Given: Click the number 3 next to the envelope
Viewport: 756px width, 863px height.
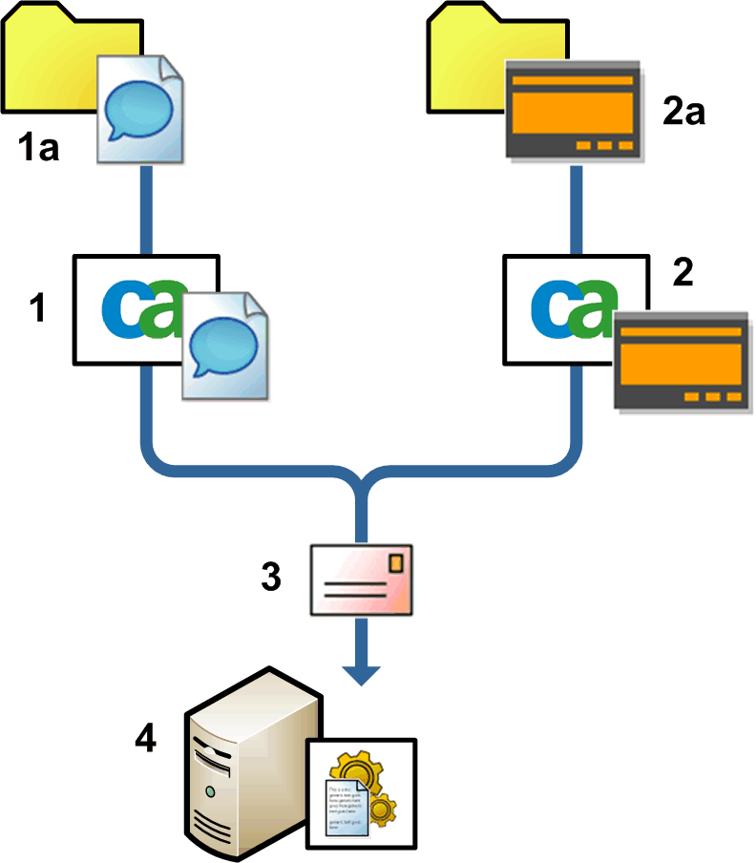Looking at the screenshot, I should click(x=271, y=577).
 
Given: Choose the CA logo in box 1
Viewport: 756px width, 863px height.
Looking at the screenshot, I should click(x=143, y=311).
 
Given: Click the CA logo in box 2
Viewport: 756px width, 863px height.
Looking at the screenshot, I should click(x=571, y=311).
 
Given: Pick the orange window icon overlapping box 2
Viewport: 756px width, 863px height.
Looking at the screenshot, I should click(x=681, y=362).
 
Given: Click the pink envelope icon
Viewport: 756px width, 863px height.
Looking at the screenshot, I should click(x=361, y=579).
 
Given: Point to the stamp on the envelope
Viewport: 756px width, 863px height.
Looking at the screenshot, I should click(x=394, y=564).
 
